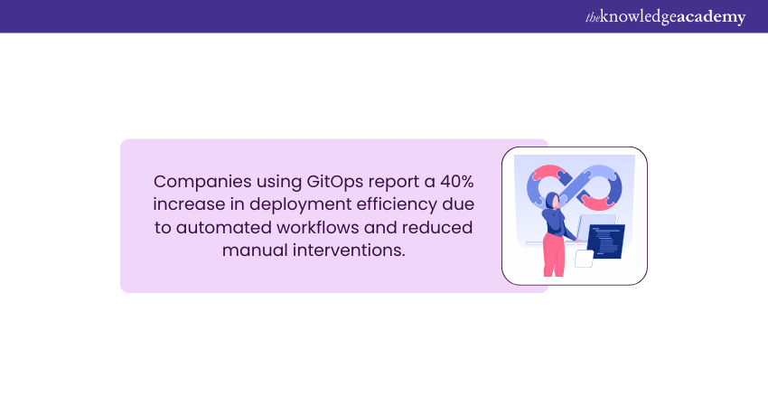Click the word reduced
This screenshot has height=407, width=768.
point(441,226)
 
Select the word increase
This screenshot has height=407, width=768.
point(187,203)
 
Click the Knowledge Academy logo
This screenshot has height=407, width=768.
point(652,16)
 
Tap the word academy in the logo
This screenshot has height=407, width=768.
point(710,16)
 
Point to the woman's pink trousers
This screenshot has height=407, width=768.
point(553,257)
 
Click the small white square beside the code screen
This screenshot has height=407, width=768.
point(584,259)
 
